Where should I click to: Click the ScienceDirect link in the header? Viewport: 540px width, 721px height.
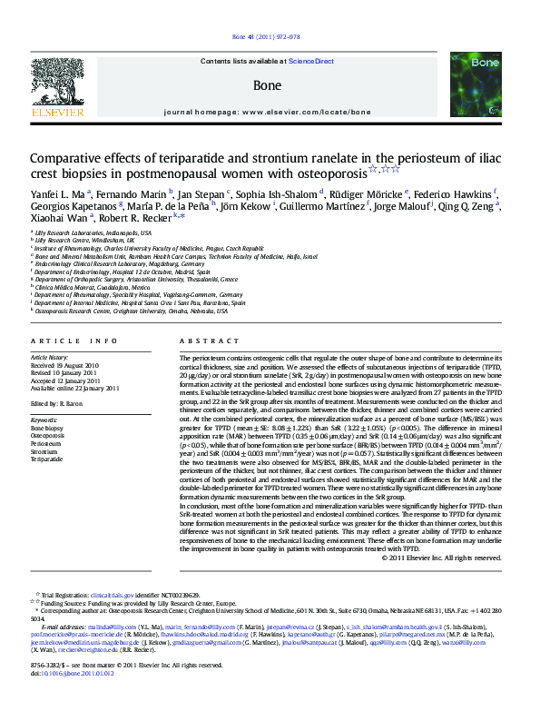point(311,61)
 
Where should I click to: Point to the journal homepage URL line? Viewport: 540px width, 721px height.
point(268,112)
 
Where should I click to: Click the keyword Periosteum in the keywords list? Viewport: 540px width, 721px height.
point(47,443)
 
